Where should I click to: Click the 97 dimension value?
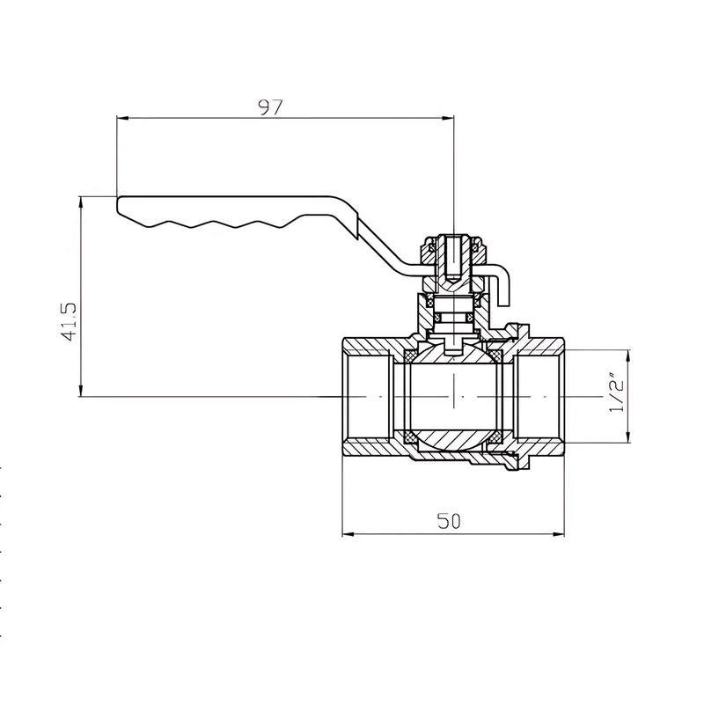pyautogui.click(x=271, y=107)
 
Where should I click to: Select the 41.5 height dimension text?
pyautogui.click(x=70, y=321)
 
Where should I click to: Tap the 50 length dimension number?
pyautogui.click(x=449, y=521)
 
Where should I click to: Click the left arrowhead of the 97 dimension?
pyautogui.click(x=122, y=118)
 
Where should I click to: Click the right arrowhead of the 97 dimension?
pyautogui.click(x=448, y=118)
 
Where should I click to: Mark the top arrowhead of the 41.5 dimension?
pyautogui.click(x=81, y=202)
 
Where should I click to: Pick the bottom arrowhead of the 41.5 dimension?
pyautogui.click(x=81, y=391)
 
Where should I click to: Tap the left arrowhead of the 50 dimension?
pyautogui.click(x=348, y=534)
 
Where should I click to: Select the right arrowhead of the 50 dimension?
pyautogui.click(x=559, y=534)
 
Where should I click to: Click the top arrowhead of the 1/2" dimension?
pyautogui.click(x=627, y=356)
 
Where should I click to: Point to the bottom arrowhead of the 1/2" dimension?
pyautogui.click(x=627, y=437)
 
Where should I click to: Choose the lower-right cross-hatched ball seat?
pyautogui.click(x=496, y=436)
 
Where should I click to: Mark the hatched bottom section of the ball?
pyautogui.click(x=453, y=439)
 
